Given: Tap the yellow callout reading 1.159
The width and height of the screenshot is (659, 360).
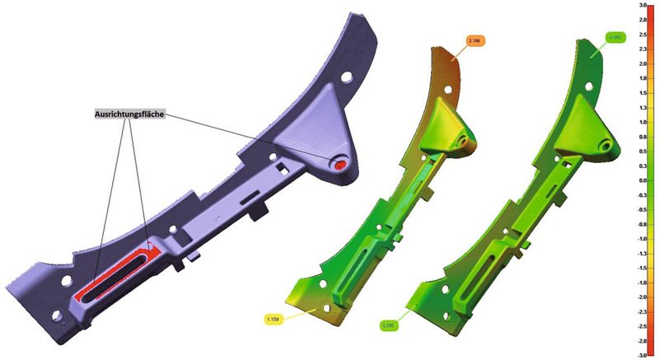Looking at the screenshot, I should click(273, 318).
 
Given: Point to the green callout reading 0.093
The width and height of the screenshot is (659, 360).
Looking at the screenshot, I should click(615, 37).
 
